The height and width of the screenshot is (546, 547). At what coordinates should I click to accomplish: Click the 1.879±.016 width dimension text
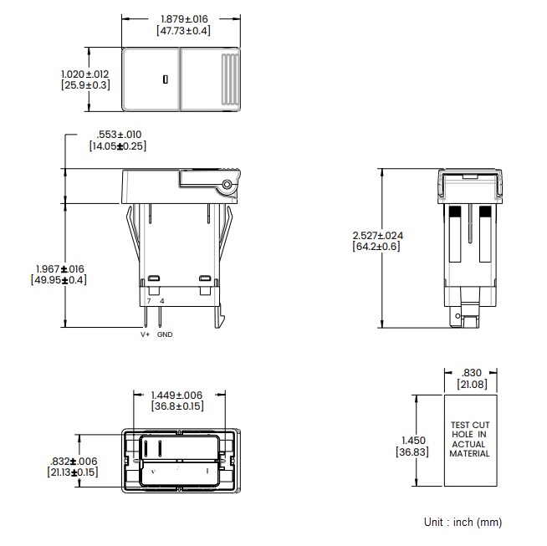[183, 18]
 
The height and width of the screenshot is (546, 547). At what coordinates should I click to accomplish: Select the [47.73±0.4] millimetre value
[183, 30]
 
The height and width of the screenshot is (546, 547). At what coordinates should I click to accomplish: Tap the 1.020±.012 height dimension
[85, 74]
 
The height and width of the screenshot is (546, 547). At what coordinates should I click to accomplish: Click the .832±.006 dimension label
[73, 461]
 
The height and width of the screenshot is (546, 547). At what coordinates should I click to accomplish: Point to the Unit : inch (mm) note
[463, 522]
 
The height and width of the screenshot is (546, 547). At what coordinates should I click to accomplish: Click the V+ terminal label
[145, 334]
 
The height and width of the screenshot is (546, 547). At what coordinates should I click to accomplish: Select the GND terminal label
[165, 334]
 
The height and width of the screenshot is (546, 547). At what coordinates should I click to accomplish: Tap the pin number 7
[149, 300]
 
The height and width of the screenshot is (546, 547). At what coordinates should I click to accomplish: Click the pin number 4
[161, 300]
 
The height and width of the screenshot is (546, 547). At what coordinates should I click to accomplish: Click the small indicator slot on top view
[166, 79]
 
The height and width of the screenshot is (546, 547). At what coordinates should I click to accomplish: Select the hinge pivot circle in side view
[226, 184]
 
